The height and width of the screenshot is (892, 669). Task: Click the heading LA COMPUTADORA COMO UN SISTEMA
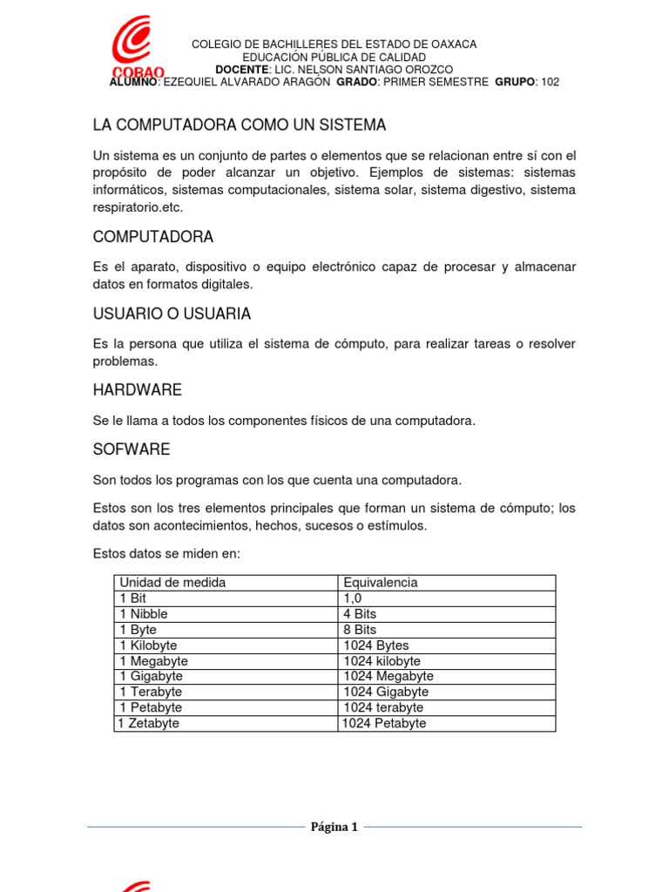click(x=239, y=125)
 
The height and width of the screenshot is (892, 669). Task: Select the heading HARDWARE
click(x=137, y=389)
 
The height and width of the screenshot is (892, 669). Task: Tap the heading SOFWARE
click(x=131, y=449)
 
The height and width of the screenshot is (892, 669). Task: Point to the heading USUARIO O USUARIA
click(x=172, y=314)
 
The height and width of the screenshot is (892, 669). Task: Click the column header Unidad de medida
click(x=172, y=582)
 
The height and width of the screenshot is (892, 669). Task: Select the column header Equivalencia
click(x=381, y=582)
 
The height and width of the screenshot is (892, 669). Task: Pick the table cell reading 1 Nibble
click(x=144, y=613)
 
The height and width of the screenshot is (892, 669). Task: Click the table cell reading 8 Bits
click(x=360, y=629)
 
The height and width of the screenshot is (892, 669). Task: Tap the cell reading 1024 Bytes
click(x=375, y=645)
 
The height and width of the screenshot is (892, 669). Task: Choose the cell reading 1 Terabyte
click(x=151, y=692)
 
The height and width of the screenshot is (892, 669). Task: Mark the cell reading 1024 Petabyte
click(x=384, y=723)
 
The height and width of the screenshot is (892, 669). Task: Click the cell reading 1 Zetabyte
click(x=148, y=723)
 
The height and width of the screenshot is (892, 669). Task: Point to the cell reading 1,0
click(x=352, y=598)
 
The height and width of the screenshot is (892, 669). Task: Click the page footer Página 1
click(x=334, y=827)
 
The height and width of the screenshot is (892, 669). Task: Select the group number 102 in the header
click(x=550, y=82)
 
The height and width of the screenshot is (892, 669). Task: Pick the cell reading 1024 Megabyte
click(x=388, y=676)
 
